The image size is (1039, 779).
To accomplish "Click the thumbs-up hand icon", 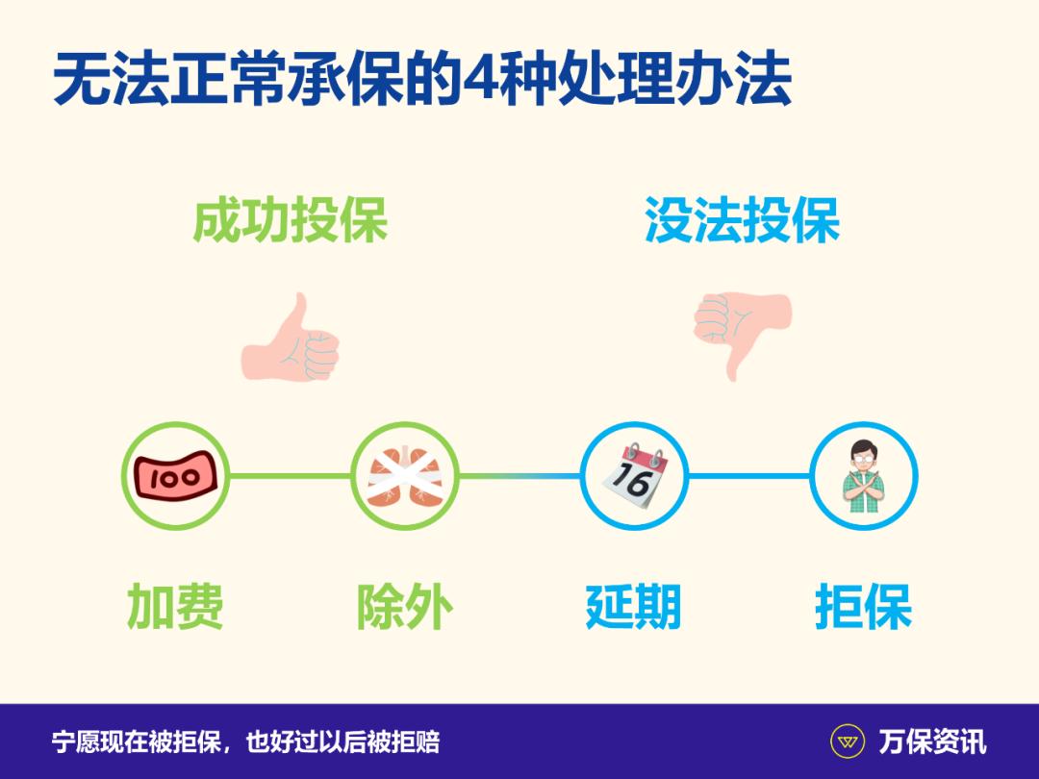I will (291, 339).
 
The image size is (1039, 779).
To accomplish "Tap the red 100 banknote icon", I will (175, 476).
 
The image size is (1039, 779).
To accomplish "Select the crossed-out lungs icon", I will (404, 476).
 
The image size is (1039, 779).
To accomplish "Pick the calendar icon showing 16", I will (634, 475).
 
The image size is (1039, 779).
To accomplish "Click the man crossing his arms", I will (863, 476).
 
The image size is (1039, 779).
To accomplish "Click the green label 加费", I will (175, 607).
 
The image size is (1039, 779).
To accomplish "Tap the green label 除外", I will (404, 607).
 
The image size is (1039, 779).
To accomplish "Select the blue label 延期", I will (633, 607).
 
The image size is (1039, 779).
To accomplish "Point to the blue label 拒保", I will (863, 607).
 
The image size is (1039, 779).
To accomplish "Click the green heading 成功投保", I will (291, 220).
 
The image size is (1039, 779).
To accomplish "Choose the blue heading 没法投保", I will (742, 220).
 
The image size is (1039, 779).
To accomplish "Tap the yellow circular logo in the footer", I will (847, 741).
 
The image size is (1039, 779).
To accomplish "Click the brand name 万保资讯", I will (932, 741).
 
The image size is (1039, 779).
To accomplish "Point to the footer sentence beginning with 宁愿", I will (246, 741).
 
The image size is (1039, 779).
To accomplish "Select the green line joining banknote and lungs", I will (290, 476).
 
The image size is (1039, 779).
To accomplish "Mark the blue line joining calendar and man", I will (748, 476).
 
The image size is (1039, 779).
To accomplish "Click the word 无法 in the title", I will (96, 82).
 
